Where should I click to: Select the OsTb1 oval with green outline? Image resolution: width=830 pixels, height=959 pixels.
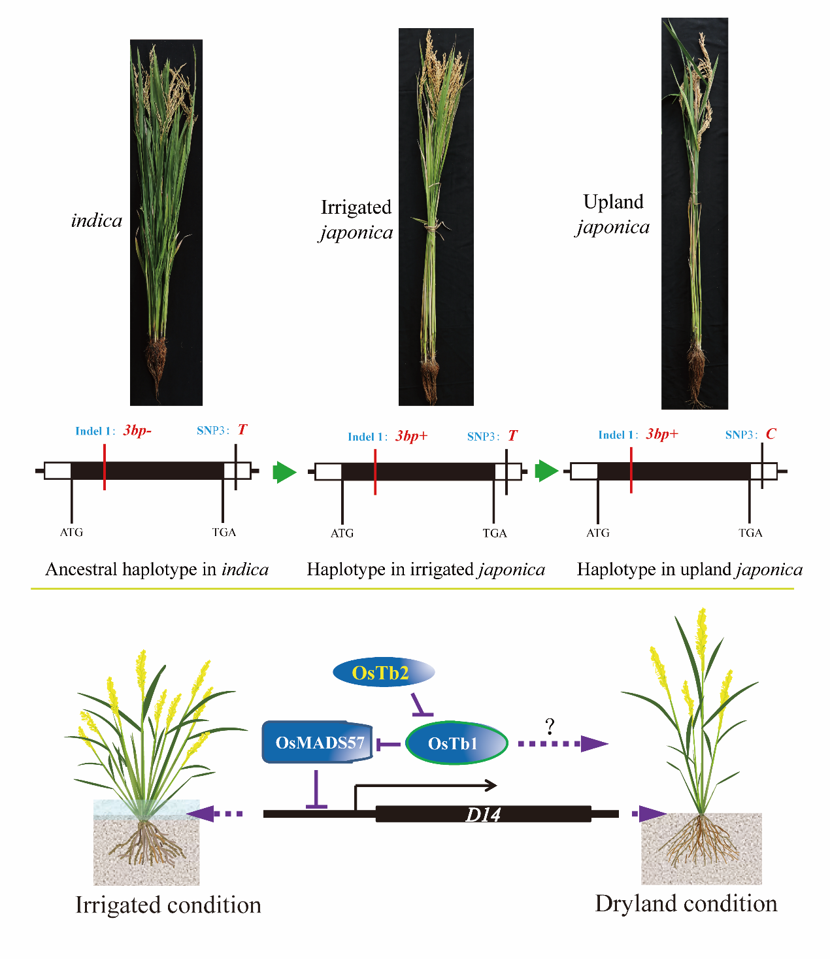point(456,743)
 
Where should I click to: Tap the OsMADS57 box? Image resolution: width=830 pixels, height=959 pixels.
point(318,743)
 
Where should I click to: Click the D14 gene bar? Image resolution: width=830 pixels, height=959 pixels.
point(483,815)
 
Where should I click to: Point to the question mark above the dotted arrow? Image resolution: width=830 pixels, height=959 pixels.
point(550,726)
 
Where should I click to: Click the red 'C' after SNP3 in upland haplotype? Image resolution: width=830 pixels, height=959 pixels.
point(771,434)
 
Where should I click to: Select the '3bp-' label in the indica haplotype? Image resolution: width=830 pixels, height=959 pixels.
point(137,431)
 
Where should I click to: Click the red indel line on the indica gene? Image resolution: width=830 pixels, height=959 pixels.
point(105,467)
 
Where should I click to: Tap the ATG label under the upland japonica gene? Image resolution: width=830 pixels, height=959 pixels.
point(598,533)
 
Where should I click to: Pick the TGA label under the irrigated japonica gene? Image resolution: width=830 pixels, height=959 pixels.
point(495,533)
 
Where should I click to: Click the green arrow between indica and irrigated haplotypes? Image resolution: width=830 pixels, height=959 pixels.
point(284,471)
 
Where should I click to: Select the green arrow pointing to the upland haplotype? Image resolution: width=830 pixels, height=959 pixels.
point(546,471)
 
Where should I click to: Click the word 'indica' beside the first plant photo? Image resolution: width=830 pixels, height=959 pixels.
point(97,221)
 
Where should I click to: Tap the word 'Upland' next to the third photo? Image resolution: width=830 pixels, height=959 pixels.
point(613,202)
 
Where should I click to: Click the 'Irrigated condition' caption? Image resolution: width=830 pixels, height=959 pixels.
point(168,905)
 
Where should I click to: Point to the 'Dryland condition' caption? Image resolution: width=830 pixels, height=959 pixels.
point(686,904)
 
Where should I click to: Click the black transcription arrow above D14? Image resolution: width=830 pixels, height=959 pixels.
point(425,786)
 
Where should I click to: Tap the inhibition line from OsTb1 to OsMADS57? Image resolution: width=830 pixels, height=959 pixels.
point(388,744)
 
